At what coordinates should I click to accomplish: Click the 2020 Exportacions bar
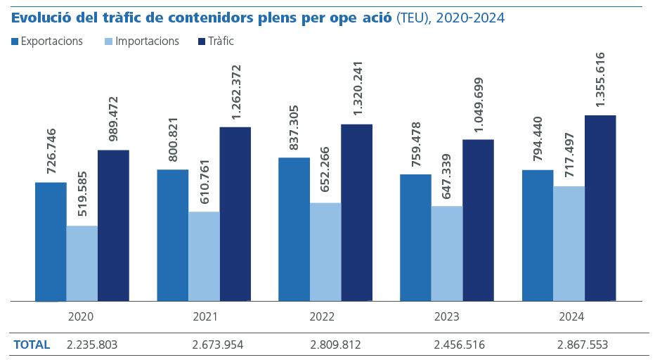click(51, 242)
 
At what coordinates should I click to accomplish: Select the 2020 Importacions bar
click(82, 264)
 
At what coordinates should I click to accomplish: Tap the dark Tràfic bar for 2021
click(235, 214)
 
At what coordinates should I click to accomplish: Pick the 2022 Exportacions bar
click(294, 229)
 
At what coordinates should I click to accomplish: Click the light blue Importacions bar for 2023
click(446, 254)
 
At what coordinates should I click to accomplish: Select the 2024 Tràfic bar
click(600, 208)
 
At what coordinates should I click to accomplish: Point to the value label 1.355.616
click(600, 79)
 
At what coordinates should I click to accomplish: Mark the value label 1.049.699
click(479, 105)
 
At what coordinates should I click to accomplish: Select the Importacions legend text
click(147, 41)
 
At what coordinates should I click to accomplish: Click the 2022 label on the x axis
click(322, 317)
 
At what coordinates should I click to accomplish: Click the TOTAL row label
click(32, 345)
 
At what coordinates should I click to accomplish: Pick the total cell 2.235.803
click(92, 345)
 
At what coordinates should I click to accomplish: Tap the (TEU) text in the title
click(413, 18)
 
